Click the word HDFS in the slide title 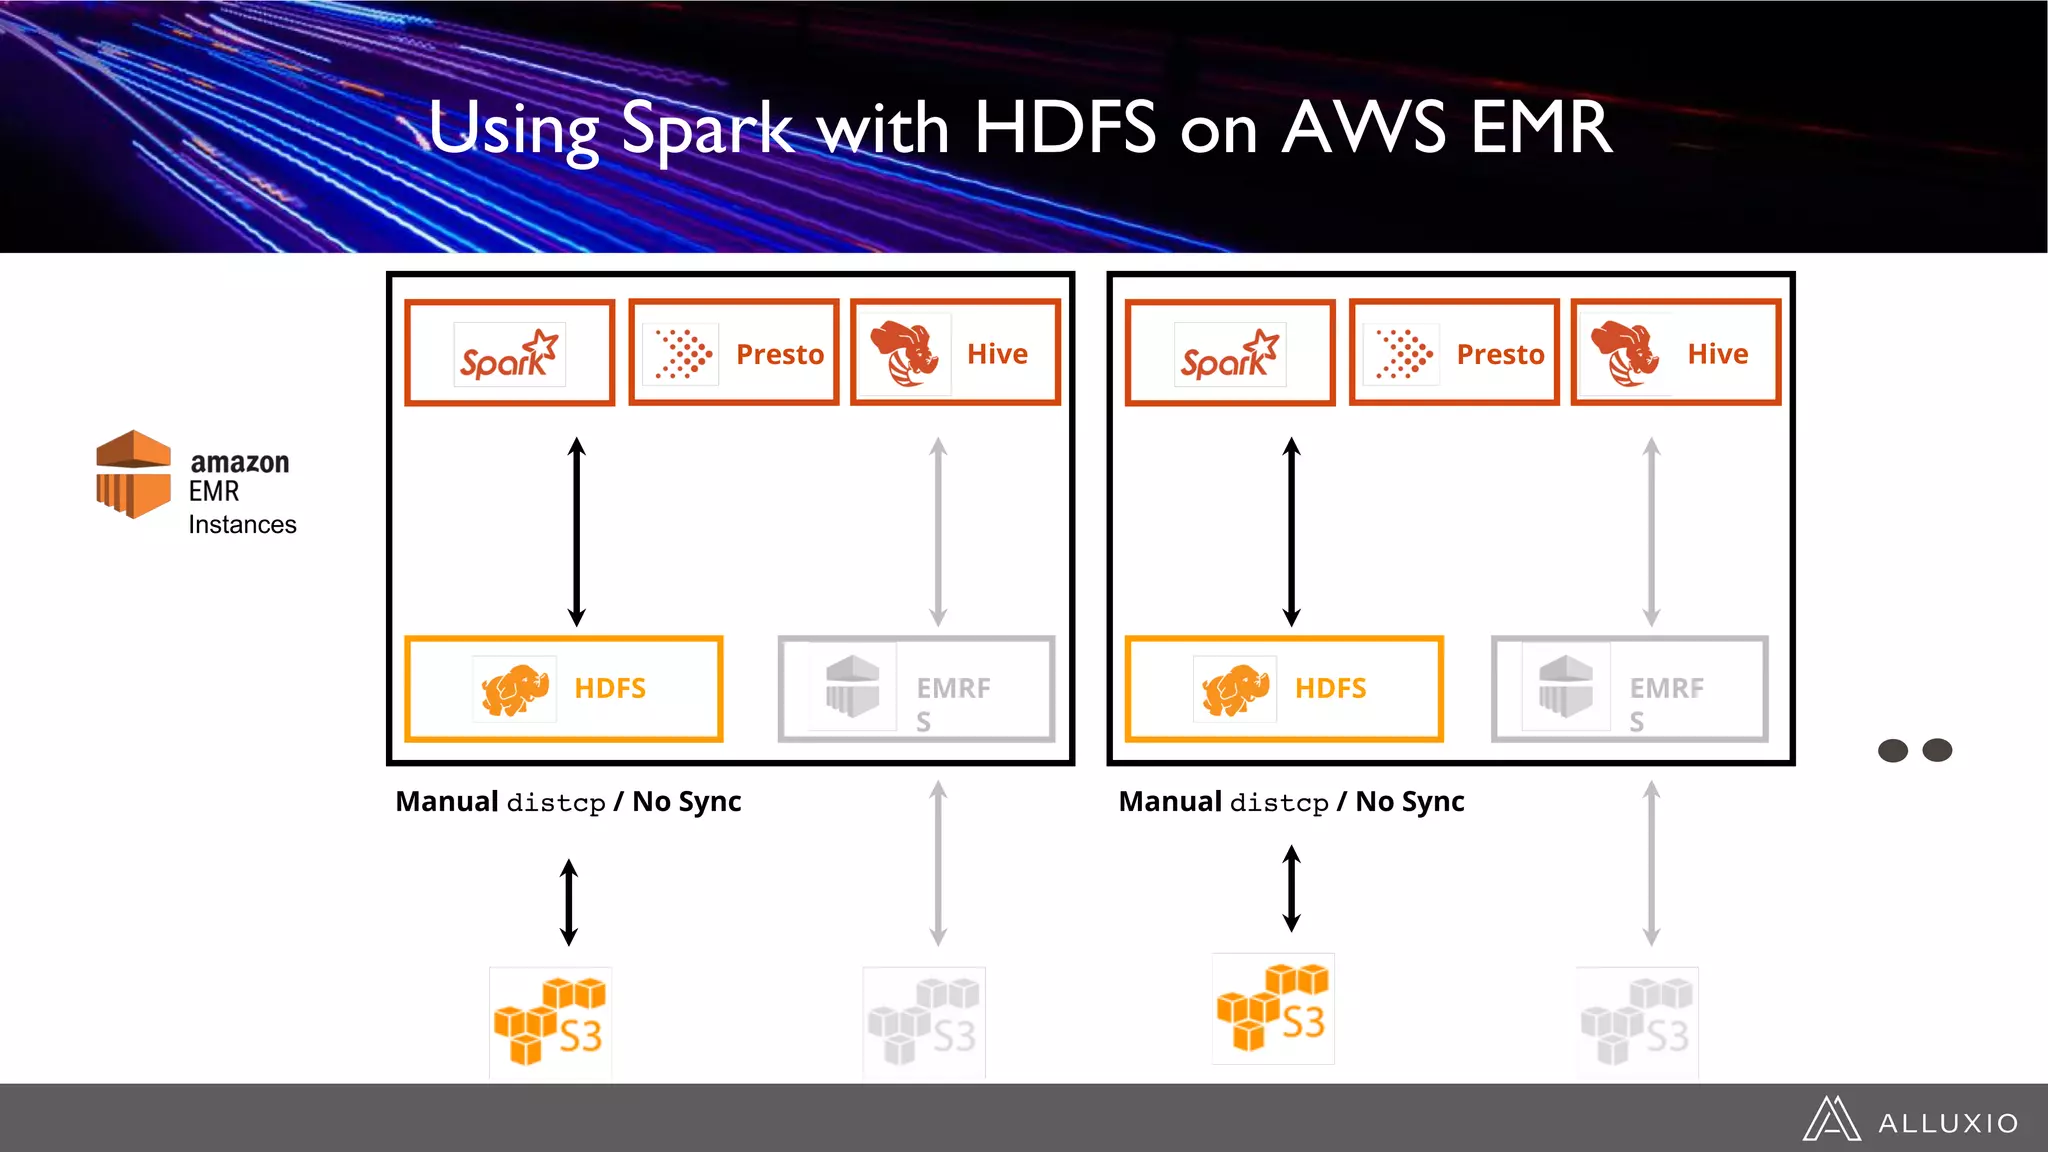point(1064,128)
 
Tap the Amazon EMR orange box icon point(133,474)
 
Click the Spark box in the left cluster point(509,353)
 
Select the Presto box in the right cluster point(1453,353)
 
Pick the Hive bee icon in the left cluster point(905,353)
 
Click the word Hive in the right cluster point(1717,354)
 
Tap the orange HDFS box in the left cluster point(563,689)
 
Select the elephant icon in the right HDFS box point(1236,689)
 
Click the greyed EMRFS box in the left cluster point(916,689)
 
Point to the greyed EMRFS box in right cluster point(1629,689)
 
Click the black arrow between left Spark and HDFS point(576,532)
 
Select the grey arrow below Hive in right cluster point(1651,532)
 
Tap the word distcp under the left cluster point(556,803)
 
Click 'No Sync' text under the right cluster point(1410,802)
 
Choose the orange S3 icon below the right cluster point(1272,1009)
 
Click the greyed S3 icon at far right point(1636,1023)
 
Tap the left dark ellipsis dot point(1892,750)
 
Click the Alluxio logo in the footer point(1910,1120)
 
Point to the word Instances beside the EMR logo point(242,525)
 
